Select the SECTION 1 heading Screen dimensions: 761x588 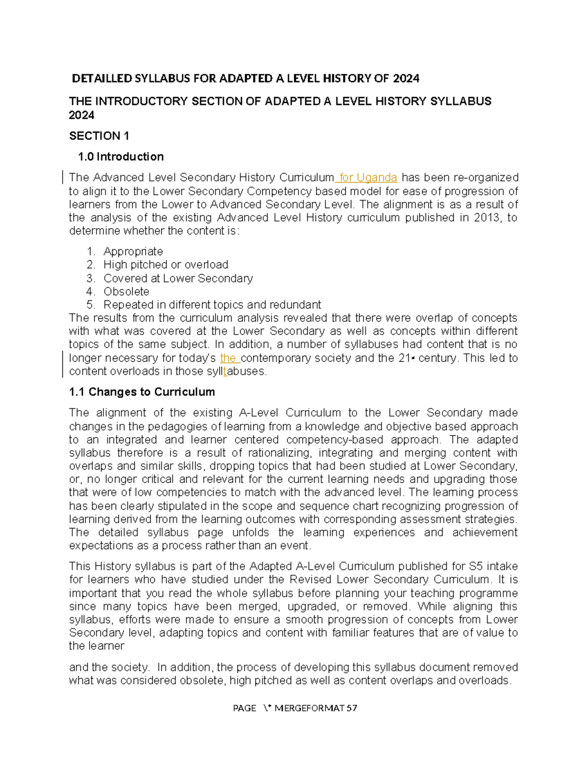[99, 136]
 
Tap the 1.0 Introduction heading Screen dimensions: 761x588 [121, 157]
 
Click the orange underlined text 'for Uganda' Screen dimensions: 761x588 [367, 177]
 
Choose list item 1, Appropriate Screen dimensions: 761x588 [133, 251]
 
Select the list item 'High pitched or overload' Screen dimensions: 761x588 [166, 265]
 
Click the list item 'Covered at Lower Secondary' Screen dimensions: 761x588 [178, 278]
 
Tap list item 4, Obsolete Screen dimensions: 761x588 [126, 292]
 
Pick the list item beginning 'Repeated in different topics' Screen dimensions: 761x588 [212, 305]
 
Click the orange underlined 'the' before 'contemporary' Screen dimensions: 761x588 [228, 358]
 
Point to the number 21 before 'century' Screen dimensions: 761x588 [404, 358]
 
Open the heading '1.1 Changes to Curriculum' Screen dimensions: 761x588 [142, 392]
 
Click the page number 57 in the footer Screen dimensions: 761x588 [351, 708]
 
